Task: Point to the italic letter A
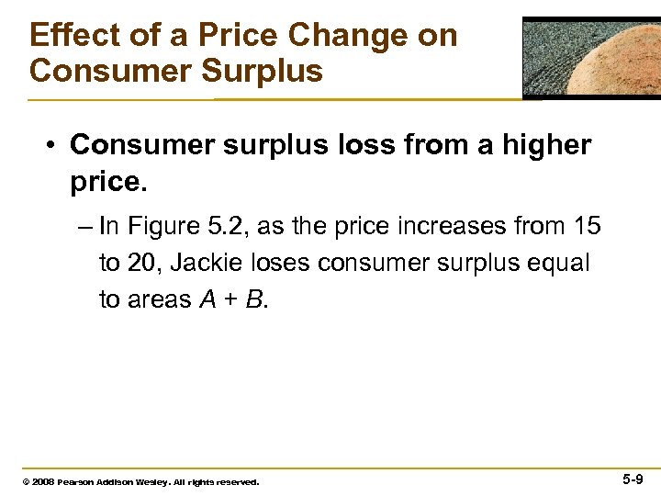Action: point(207,300)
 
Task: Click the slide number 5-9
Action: point(633,479)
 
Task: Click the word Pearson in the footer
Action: point(76,481)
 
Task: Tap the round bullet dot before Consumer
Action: point(54,146)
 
